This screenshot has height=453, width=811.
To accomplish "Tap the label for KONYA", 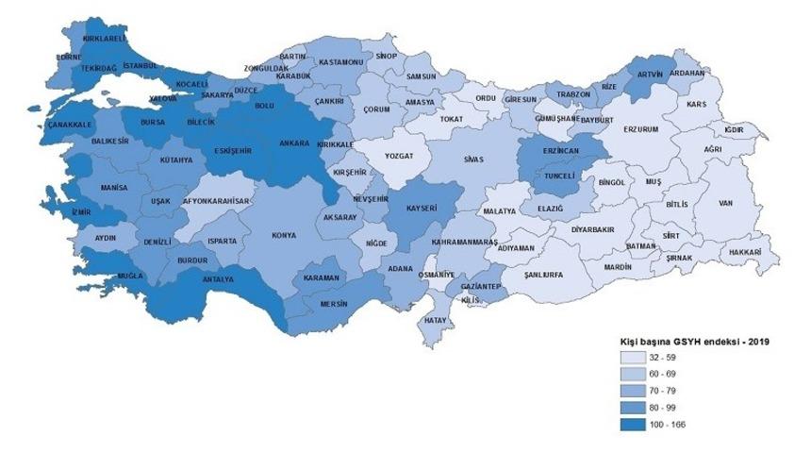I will coord(283,235).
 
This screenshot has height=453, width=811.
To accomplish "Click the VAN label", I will coord(725,203).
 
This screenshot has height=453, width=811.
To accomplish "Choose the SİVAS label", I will coord(473,160).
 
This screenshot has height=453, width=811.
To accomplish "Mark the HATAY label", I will coord(436,321).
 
